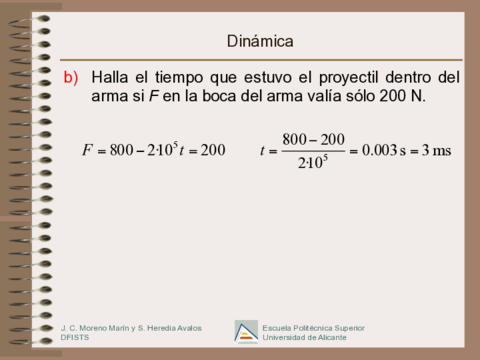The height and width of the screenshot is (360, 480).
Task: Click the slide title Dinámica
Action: (260, 41)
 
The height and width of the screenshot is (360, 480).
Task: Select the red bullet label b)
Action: (70, 77)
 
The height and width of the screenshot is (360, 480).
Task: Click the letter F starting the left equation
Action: (88, 150)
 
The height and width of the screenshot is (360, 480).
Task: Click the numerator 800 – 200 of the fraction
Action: (313, 139)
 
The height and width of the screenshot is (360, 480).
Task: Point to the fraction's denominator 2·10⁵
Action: (313, 163)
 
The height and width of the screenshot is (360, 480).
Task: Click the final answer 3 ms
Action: (437, 151)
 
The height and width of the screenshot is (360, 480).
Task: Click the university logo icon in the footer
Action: (246, 331)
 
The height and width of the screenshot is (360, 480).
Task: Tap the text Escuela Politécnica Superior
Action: (313, 327)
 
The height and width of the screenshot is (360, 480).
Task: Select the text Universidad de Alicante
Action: (305, 338)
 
